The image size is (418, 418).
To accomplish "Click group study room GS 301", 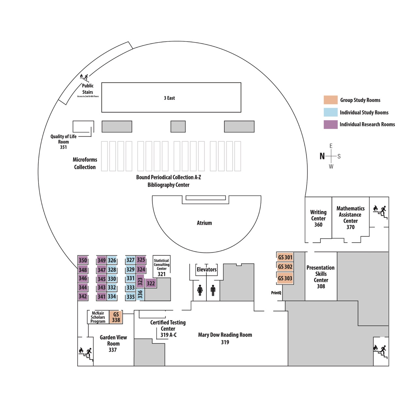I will click(285, 257).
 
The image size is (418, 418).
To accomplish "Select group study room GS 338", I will click(116, 317).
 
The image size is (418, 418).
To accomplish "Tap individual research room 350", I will click(83, 260).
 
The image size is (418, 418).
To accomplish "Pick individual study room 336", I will click(140, 294).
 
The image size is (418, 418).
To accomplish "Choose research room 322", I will click(151, 283).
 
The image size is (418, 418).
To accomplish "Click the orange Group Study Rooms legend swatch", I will click(330, 100).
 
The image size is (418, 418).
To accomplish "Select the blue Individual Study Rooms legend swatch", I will click(330, 112).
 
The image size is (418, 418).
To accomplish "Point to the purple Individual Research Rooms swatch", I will click(330, 124).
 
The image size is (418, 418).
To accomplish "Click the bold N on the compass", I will click(322, 156).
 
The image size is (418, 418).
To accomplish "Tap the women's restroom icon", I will click(200, 290).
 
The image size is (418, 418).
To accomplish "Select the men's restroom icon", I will click(213, 290).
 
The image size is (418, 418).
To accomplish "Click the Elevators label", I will click(206, 269).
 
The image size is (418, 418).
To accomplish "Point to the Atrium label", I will click(204, 223).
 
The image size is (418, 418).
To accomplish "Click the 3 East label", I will click(169, 98).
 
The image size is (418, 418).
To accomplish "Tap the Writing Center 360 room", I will click(318, 218).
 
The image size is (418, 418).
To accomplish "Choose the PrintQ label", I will click(276, 293).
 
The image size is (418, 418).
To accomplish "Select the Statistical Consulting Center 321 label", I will click(162, 267).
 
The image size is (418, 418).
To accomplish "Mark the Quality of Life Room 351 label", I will click(63, 142).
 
